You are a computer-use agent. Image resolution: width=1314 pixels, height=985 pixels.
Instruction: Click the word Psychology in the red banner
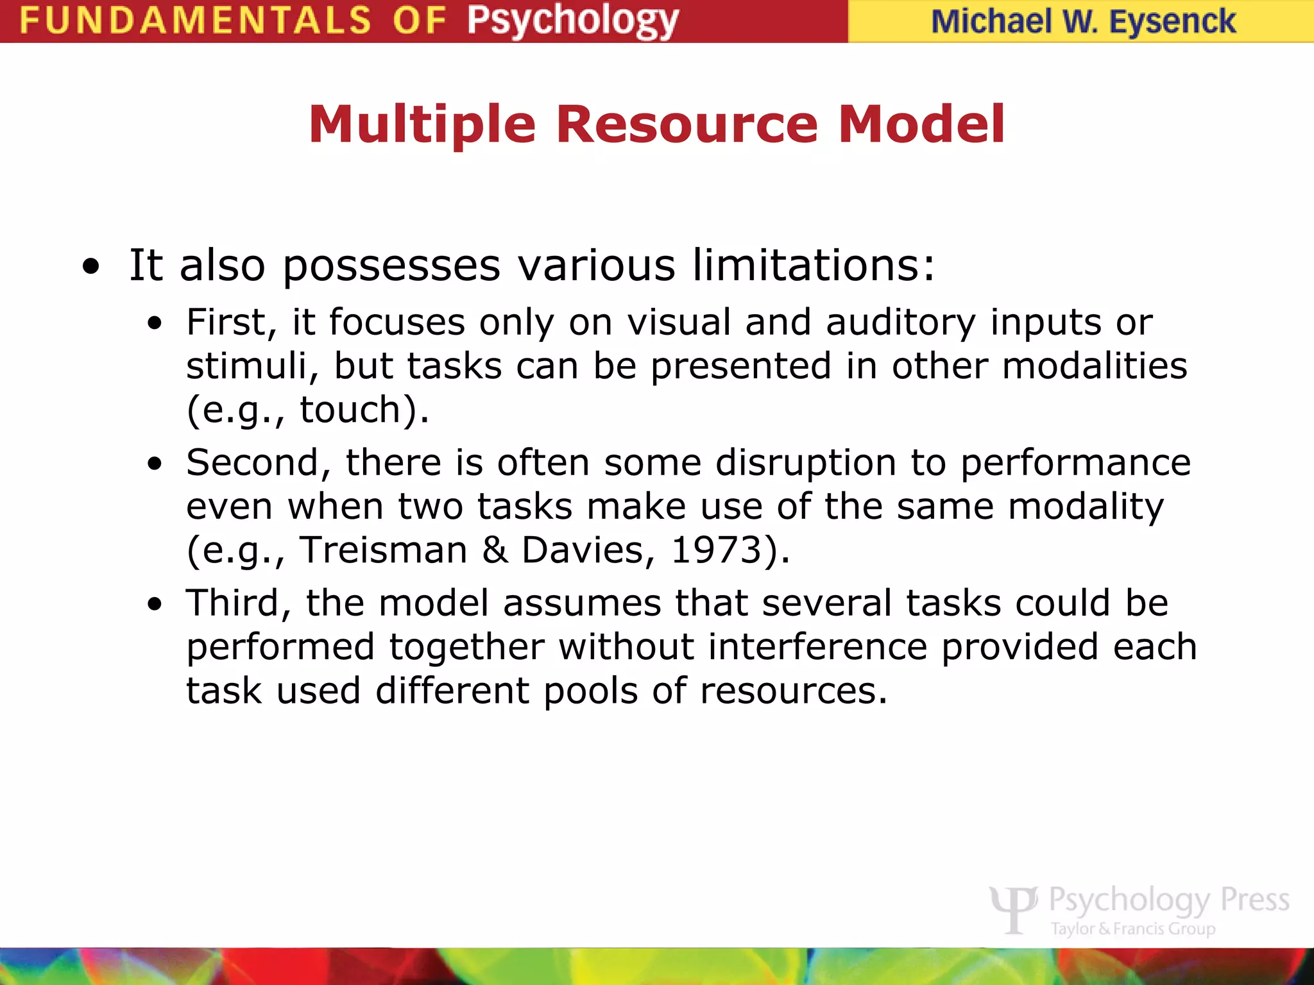tap(572, 22)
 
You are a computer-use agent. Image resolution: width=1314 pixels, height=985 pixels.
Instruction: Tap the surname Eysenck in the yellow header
tap(1172, 22)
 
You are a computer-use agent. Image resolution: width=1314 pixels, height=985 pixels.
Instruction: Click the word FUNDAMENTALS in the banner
tap(195, 21)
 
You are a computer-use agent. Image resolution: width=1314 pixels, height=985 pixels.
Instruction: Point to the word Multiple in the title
tap(422, 125)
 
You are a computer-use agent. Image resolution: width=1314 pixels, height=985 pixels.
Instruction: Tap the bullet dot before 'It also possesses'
tap(92, 267)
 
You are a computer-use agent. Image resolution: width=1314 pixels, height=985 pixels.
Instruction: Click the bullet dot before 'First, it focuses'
tap(154, 324)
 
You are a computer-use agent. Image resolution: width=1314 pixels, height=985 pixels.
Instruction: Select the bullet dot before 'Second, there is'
tap(154, 464)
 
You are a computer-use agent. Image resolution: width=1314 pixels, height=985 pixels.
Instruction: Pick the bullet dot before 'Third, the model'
tap(154, 605)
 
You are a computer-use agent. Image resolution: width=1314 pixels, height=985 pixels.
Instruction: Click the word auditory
tap(900, 323)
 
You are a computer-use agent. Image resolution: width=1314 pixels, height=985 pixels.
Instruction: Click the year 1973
tap(716, 550)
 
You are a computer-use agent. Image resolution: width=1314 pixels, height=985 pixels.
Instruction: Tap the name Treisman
tap(384, 550)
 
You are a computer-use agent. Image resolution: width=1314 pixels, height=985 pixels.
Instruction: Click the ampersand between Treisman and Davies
tap(495, 550)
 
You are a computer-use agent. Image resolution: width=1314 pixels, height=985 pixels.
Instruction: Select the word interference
tap(817, 646)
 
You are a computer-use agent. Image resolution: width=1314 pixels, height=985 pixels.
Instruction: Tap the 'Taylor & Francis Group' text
tap(1132, 929)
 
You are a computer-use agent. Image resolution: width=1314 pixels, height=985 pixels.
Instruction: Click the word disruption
tap(805, 463)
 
